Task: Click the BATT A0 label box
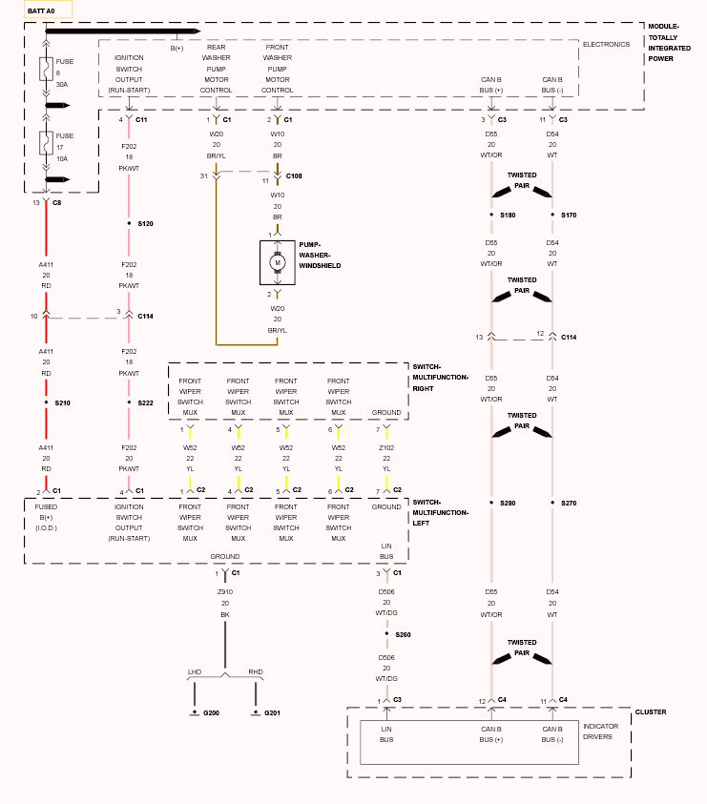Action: (49, 10)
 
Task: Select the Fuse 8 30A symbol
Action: (46, 70)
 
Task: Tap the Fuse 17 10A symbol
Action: (46, 143)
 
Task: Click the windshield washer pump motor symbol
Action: (278, 262)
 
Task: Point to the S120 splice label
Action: (146, 223)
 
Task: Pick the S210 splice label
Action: (63, 403)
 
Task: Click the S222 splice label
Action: (146, 403)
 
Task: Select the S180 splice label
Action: (508, 216)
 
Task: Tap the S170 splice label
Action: (569, 216)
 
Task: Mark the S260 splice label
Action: (404, 635)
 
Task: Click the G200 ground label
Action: (212, 713)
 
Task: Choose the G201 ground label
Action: (273, 713)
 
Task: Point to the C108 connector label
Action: (294, 175)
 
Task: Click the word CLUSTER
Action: (651, 712)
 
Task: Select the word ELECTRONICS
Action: (606, 45)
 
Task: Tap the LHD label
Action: (195, 671)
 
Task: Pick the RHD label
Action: (256, 671)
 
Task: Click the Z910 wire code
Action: (225, 591)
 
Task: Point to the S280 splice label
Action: (508, 504)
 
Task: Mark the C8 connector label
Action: (57, 203)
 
